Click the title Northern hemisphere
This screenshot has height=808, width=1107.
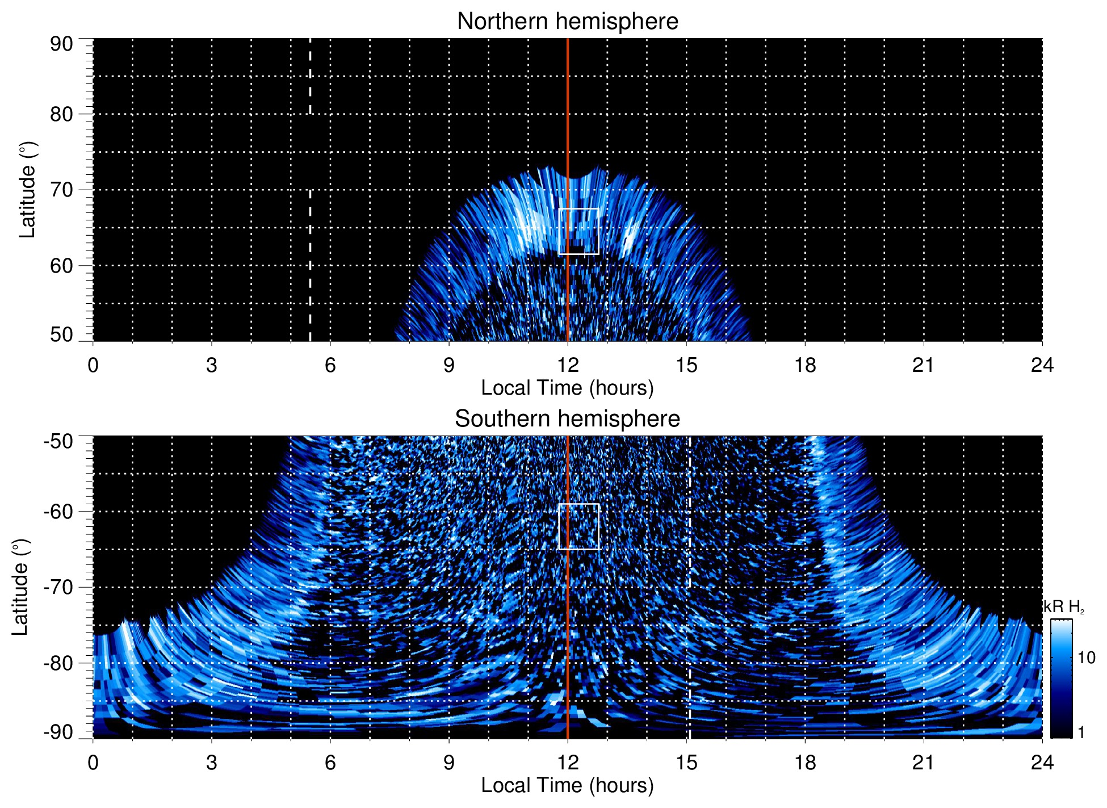[567, 22]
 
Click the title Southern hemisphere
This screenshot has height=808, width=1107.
[567, 419]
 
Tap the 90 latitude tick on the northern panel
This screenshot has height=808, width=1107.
[61, 44]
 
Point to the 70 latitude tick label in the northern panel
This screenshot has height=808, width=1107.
[61, 190]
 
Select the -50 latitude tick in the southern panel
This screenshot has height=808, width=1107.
[58, 441]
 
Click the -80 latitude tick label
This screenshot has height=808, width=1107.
[58, 663]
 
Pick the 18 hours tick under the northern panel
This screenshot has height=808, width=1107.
[804, 365]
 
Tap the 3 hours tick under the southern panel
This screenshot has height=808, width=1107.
[211, 763]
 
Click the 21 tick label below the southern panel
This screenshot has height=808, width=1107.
[923, 763]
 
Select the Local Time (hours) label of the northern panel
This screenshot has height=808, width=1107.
[567, 388]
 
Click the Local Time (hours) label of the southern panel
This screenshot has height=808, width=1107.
[567, 785]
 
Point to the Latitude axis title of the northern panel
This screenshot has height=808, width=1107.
[27, 190]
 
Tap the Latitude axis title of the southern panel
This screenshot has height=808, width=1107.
[20, 587]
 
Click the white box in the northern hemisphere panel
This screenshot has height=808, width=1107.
[578, 231]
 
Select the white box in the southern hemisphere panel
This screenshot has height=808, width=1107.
[578, 526]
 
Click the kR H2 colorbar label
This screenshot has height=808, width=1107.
[1064, 607]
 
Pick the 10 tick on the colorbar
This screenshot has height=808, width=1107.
[1086, 658]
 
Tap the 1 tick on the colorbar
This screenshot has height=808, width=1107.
[1081, 732]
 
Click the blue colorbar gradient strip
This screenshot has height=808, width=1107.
[1060, 679]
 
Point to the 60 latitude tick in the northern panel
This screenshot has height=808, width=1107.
[61, 266]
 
